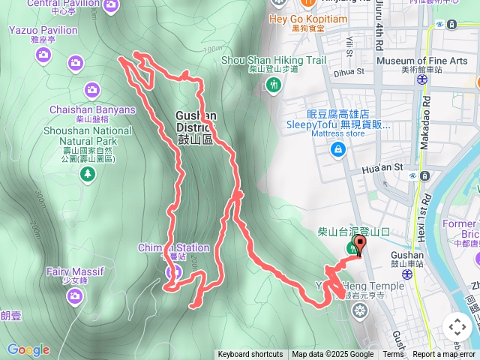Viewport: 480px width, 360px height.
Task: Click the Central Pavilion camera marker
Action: tap(112, 7)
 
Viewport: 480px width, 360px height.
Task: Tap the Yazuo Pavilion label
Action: tap(43, 30)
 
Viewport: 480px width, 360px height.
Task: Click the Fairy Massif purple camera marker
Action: tap(74, 296)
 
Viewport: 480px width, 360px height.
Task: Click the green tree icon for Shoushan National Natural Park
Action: tap(88, 174)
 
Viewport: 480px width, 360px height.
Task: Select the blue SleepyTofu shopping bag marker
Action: tap(339, 150)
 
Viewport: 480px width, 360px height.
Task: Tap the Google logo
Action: tap(28, 349)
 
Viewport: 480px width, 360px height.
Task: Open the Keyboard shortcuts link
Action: tap(250, 355)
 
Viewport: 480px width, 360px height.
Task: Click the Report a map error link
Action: tap(445, 355)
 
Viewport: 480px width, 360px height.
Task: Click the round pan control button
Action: tap(457, 326)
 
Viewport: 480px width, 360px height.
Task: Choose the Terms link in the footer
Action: tap(393, 355)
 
